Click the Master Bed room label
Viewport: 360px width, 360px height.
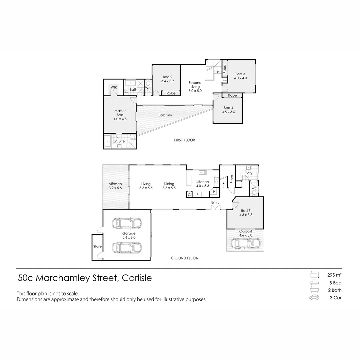[120, 113]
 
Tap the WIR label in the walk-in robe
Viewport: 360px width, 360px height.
[114, 87]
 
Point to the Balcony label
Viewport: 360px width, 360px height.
[165, 115]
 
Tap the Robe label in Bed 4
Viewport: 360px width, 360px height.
[233, 96]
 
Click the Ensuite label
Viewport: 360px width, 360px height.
[119, 141]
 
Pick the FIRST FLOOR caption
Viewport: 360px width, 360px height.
[184, 140]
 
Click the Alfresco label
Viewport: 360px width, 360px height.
[115, 184]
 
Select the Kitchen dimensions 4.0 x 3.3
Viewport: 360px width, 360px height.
[203, 186]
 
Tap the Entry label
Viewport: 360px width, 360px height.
[215, 202]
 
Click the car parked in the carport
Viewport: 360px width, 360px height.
[245, 243]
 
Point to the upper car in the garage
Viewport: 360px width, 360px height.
[127, 223]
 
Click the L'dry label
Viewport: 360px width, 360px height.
[248, 173]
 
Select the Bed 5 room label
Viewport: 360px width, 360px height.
[245, 211]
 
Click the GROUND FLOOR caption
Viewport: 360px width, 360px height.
[184, 258]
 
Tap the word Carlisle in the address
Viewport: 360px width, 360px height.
[137, 278]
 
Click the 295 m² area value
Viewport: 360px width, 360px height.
[335, 275]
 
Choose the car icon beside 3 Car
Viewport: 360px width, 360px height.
[314, 298]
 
